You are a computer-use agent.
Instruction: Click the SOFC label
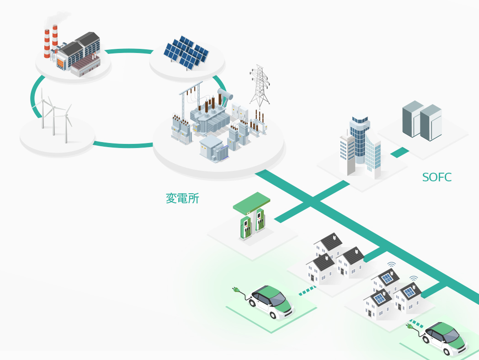click(x=436, y=178)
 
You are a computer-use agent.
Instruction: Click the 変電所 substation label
click(x=182, y=198)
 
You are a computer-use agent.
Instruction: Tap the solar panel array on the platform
click(x=186, y=53)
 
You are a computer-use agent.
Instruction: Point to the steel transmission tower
click(x=260, y=87)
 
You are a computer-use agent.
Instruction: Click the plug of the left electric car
click(x=238, y=291)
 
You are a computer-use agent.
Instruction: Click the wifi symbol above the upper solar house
click(x=391, y=265)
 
